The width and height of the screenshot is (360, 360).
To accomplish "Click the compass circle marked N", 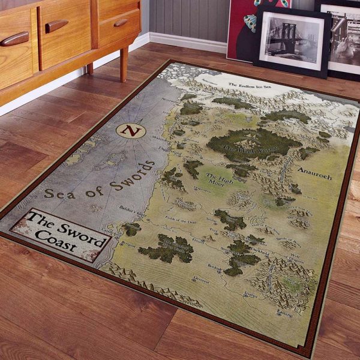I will tap(131, 131).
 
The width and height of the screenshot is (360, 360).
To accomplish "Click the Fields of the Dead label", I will tap(181, 220).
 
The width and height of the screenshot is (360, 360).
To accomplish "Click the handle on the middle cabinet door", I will tap(56, 26).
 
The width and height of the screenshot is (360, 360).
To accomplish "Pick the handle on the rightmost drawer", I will tap(121, 23).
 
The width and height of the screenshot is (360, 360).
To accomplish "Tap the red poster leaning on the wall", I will tap(240, 30).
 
